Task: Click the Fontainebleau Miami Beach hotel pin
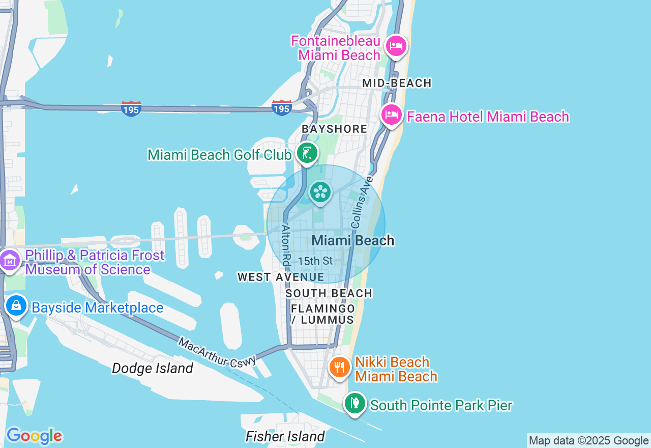[x=396, y=46]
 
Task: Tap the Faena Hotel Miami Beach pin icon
[x=392, y=115]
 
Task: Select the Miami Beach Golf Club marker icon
[x=307, y=153]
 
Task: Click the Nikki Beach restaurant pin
[x=339, y=367]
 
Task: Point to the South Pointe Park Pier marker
[x=354, y=404]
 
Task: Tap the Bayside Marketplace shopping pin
[x=16, y=306]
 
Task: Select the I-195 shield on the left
[x=131, y=108]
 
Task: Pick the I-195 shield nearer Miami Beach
[x=281, y=108]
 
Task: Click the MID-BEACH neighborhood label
[x=397, y=83]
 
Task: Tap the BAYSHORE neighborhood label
[x=334, y=129]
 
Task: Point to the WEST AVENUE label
[x=281, y=277]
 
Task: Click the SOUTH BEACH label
[x=329, y=293]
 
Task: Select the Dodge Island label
[x=153, y=368]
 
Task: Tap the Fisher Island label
[x=285, y=436]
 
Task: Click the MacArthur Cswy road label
[x=217, y=351]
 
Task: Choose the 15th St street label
[x=315, y=261]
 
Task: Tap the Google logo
[x=34, y=436]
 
